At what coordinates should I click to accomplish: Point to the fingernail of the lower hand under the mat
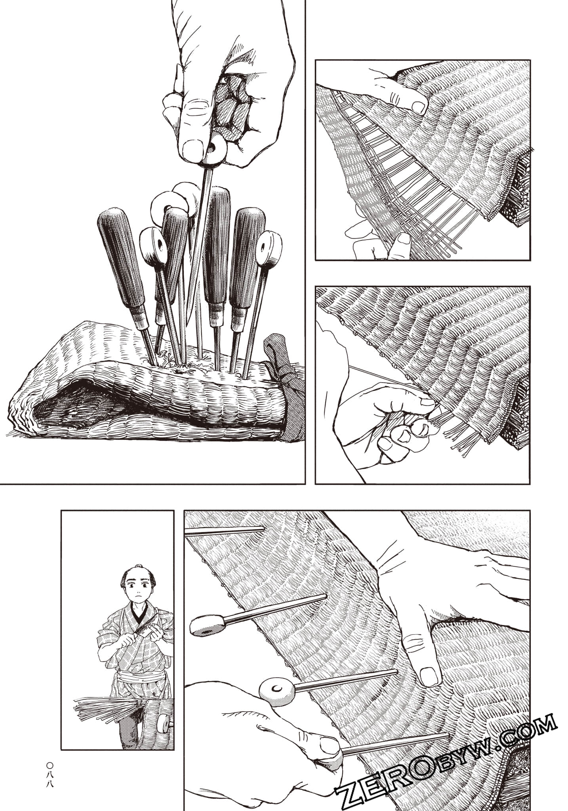click(x=403, y=239)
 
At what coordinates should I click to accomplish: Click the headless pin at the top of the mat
click(x=224, y=531)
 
